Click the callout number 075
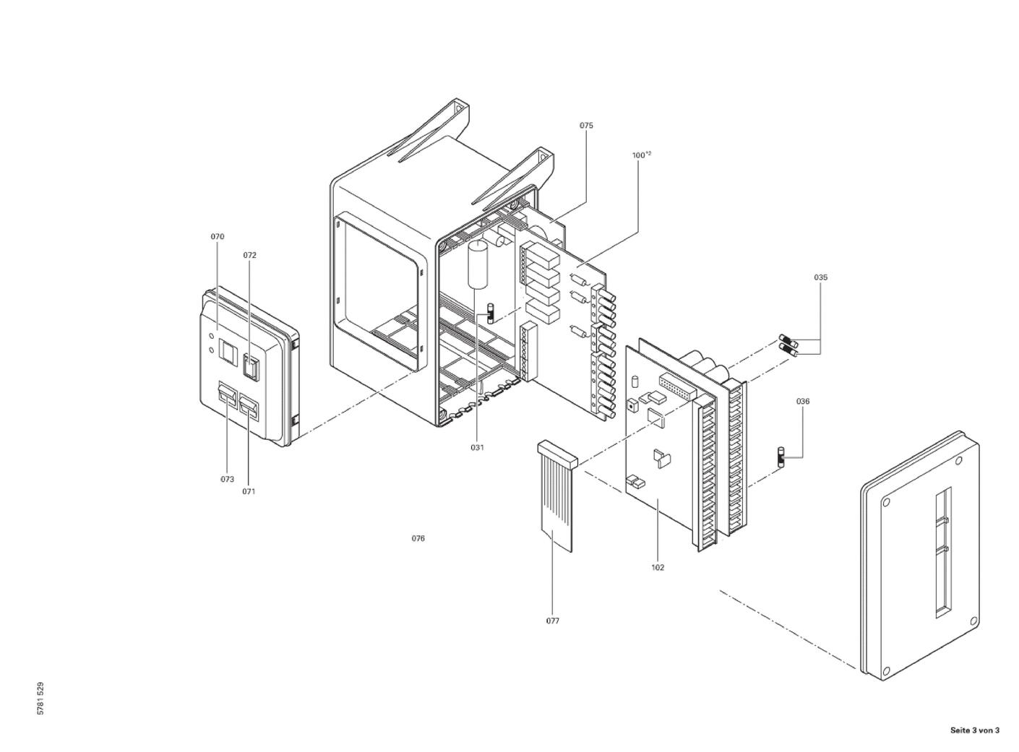tap(586, 126)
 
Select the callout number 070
tap(218, 237)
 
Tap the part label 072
tap(249, 256)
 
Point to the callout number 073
tap(227, 480)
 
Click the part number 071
tap(249, 492)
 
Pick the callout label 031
tap(477, 448)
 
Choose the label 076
tap(418, 539)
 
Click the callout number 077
tap(552, 621)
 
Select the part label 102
tap(658, 568)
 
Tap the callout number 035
tap(820, 277)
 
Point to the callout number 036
tap(803, 402)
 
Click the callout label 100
tap(639, 155)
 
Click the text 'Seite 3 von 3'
tap(974, 730)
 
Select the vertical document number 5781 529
tap(40, 699)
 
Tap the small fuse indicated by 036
tap(780, 457)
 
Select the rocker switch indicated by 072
tap(250, 366)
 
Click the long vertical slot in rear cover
tap(942, 553)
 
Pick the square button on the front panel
tap(228, 353)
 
